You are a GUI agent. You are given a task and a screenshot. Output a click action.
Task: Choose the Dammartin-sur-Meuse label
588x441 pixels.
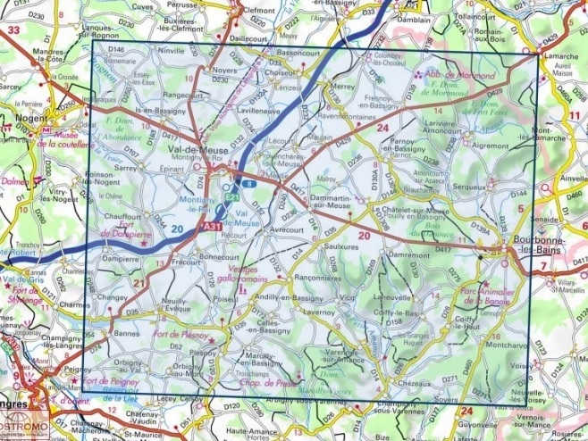coord(320,203)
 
